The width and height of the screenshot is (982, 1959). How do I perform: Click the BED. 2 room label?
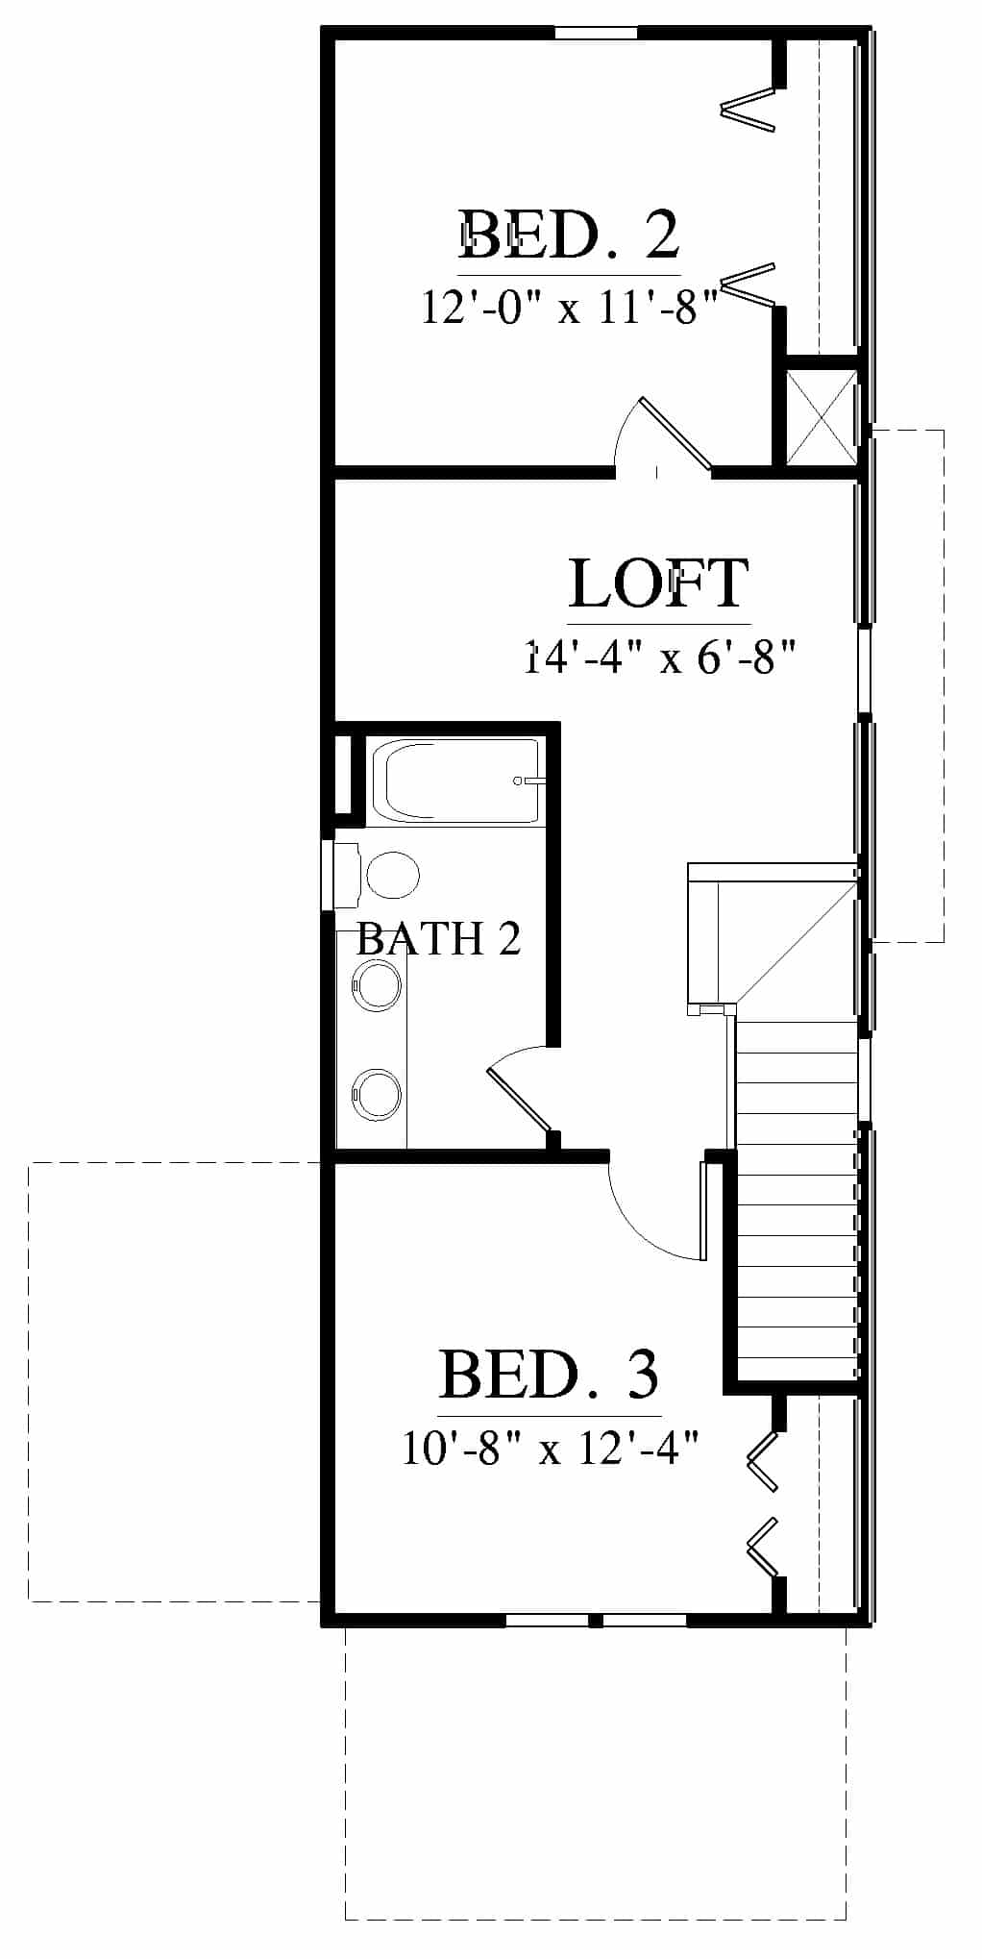569,236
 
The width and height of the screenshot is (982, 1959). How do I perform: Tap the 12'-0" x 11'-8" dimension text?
571,308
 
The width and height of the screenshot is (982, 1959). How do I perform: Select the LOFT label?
659,583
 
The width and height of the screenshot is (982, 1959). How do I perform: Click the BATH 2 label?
438,938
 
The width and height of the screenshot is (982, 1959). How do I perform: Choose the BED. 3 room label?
550,1375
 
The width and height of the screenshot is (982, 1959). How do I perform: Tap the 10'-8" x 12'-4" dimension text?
550,1448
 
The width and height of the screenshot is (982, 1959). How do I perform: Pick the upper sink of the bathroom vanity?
378,986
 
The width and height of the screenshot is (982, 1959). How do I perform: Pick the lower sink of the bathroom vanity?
378,1095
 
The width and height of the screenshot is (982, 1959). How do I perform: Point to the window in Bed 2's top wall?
596,33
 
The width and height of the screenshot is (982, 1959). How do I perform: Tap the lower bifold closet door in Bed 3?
762,1549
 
